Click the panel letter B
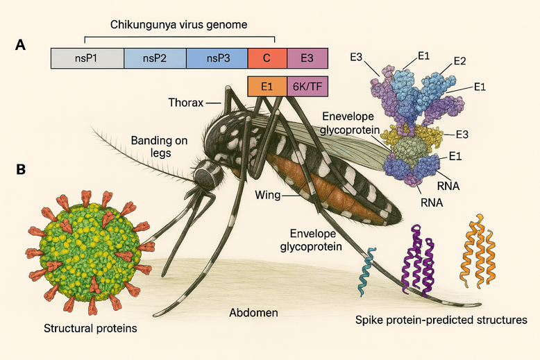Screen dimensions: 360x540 [x=22, y=169]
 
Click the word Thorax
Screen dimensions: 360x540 [x=185, y=103]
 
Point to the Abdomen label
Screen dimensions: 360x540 [x=253, y=313]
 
